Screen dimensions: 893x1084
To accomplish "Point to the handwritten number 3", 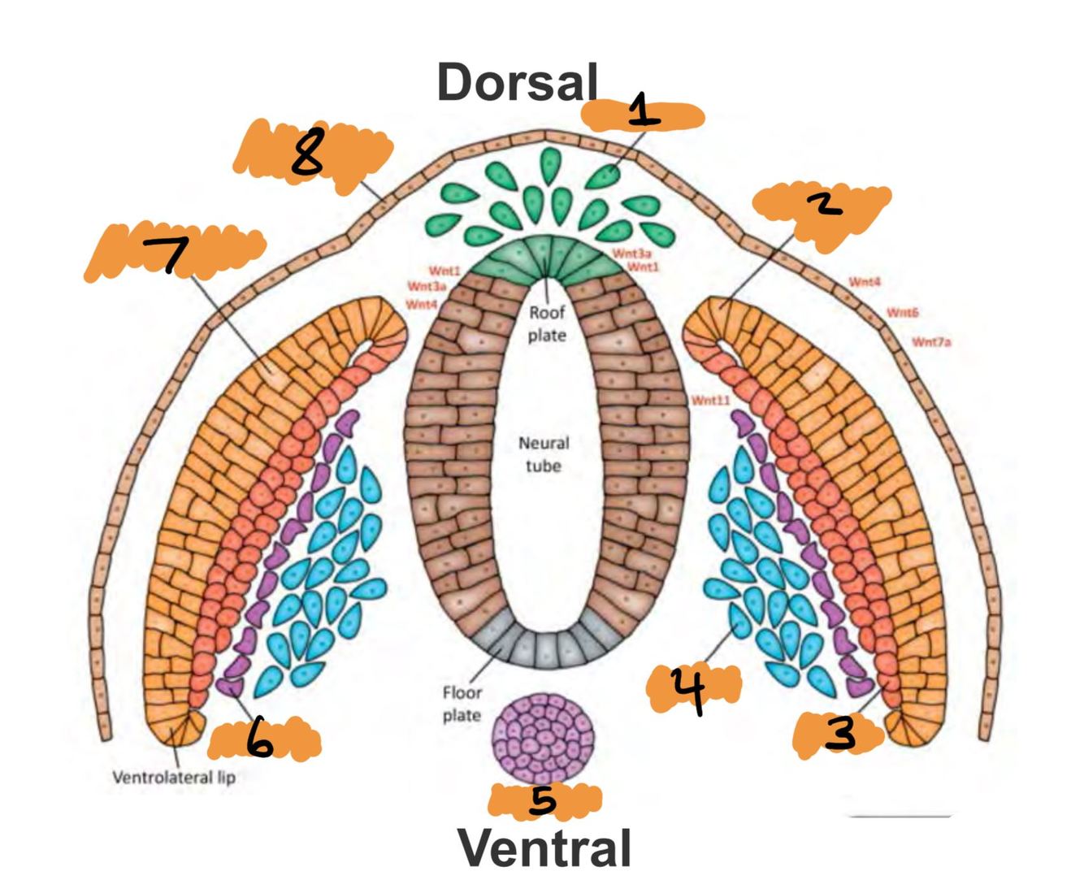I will point(840,734).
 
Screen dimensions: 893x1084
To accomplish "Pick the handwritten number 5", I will point(542,800).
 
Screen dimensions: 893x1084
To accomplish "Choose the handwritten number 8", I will point(307,154).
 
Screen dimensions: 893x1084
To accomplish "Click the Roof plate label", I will point(547,323).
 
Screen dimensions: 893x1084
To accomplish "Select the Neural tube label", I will point(544,454).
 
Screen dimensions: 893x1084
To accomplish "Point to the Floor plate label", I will point(462,704).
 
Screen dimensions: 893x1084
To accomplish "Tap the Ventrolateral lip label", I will point(174,777).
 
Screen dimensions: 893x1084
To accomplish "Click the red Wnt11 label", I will point(711,400).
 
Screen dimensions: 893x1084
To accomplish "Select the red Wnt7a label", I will point(931,342).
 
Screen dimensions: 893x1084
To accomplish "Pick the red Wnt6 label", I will point(902,312).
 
